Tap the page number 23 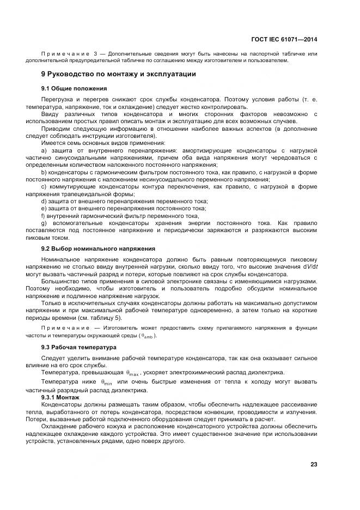pos(314,464)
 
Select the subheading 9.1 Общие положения pos(74,88)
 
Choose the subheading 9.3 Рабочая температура pos(78,347)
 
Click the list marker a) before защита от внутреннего pos(44,150)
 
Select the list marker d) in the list pos(44,201)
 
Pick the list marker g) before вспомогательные pos(44,223)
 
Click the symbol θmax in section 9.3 pos(133,373)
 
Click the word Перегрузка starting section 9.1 pos(58,100)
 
